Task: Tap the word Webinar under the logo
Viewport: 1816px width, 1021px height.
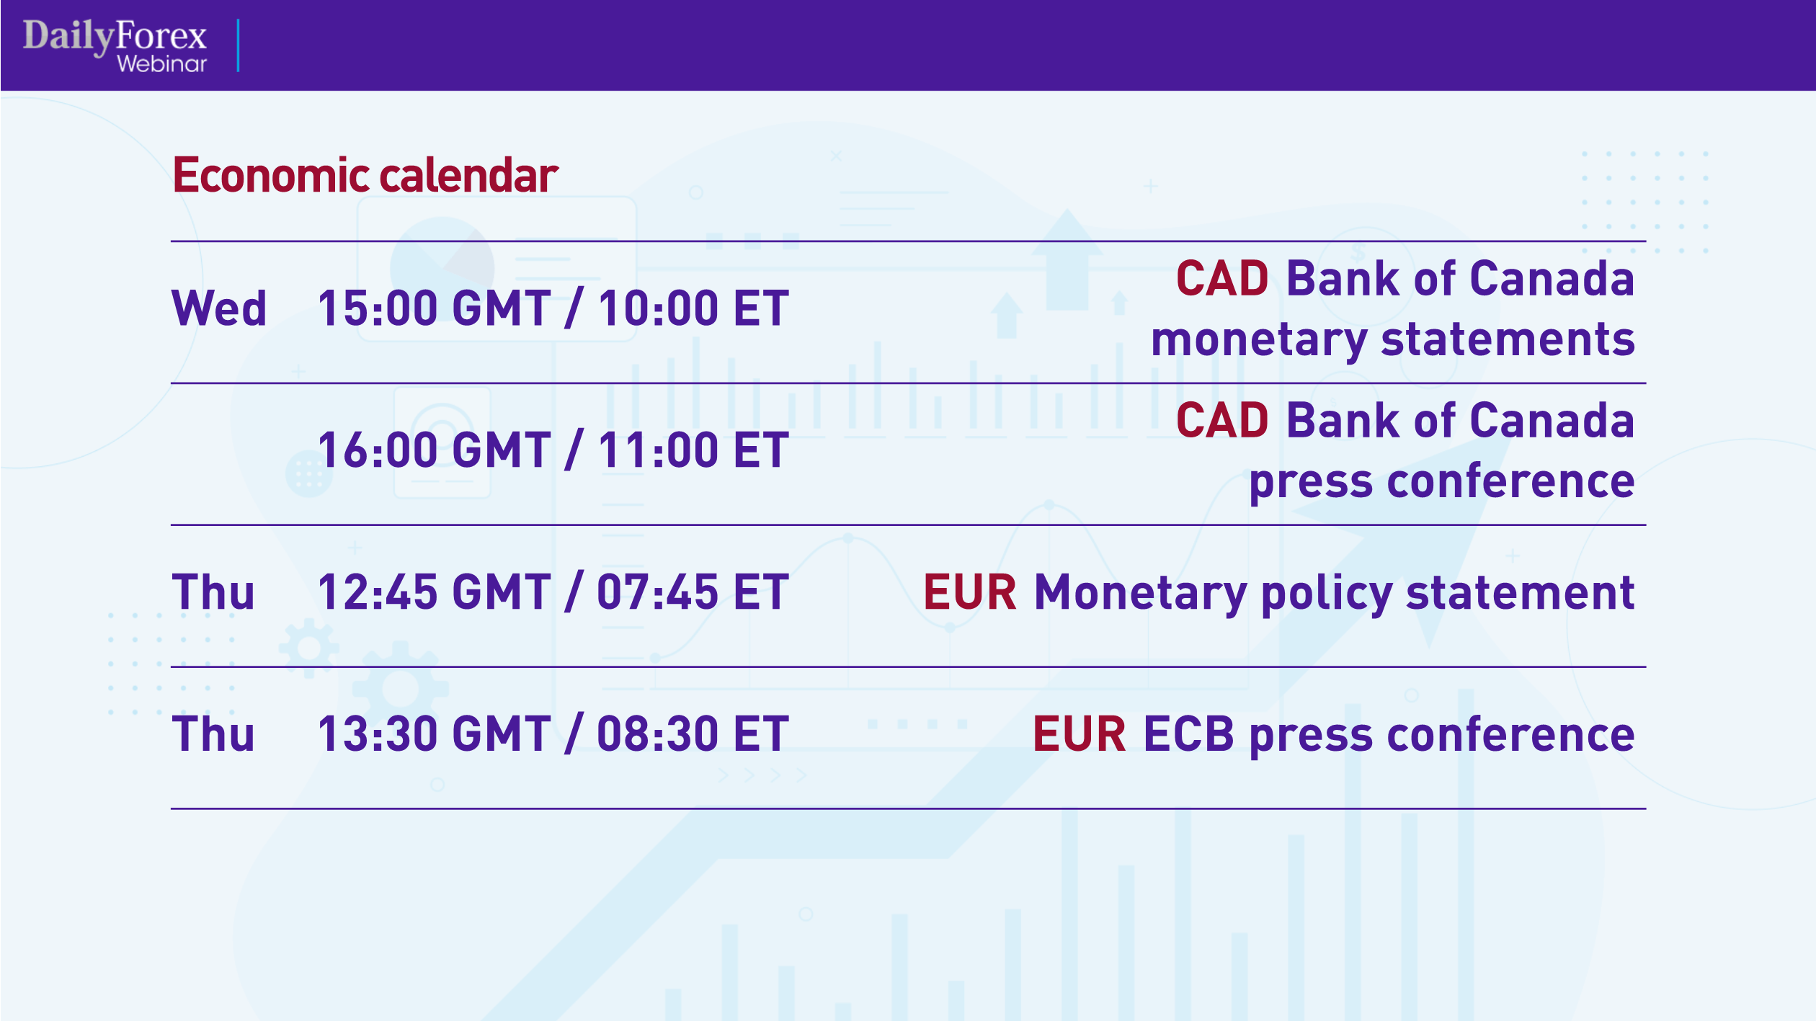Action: pos(161,64)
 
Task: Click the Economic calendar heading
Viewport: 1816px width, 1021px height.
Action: pos(365,175)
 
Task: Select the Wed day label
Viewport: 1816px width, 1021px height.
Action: pos(218,309)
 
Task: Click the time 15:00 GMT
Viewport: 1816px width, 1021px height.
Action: pos(434,309)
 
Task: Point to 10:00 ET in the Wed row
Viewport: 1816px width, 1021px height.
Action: pos(693,309)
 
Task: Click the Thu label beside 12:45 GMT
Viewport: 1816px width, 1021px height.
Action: pos(213,593)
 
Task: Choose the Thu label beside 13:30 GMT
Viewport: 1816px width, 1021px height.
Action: pos(213,735)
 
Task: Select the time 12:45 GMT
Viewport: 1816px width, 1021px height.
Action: pos(434,593)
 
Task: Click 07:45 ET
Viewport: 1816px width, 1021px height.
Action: pos(693,593)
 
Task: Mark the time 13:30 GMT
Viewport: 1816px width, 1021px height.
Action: pos(434,735)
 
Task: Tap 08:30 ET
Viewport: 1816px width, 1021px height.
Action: pos(693,735)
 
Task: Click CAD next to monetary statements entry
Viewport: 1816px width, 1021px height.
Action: pos(1221,279)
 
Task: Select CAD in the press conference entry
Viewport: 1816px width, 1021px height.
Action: pos(1221,421)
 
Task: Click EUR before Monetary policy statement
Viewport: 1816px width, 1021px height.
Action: pos(969,593)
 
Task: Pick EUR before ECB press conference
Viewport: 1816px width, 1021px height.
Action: pos(1079,735)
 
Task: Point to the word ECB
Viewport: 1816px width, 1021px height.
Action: pos(1188,735)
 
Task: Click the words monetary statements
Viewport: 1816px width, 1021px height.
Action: pos(1392,339)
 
